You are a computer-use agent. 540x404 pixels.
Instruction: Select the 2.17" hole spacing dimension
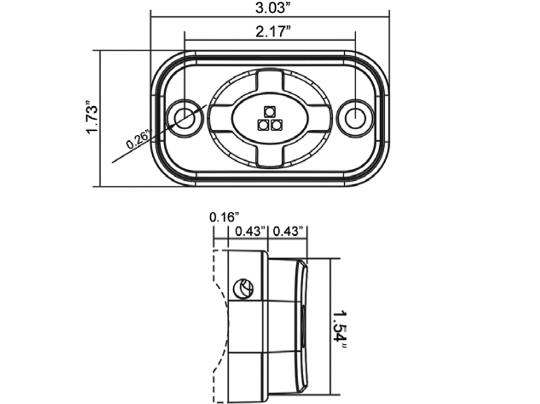pyautogui.click(x=269, y=32)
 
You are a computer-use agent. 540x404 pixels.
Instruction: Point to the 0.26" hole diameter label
pyautogui.click(x=138, y=139)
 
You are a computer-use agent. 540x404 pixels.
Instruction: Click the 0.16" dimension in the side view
pyautogui.click(x=223, y=217)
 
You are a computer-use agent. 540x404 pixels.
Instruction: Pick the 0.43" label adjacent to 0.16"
pyautogui.click(x=250, y=231)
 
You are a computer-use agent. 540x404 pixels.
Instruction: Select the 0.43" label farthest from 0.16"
pyautogui.click(x=288, y=231)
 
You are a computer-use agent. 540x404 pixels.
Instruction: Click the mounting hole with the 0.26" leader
pyautogui.click(x=184, y=118)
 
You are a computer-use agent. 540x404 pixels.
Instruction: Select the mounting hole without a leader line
pyautogui.click(x=356, y=118)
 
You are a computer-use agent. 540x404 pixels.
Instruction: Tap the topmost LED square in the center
pyautogui.click(x=269, y=111)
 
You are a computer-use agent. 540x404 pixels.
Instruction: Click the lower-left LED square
pyautogui.click(x=263, y=124)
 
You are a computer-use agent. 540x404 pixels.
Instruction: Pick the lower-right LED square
pyautogui.click(x=276, y=124)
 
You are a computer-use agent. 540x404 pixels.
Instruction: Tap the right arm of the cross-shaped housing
pyautogui.click(x=319, y=118)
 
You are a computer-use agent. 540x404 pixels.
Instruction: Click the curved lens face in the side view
pyautogui.click(x=302, y=327)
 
